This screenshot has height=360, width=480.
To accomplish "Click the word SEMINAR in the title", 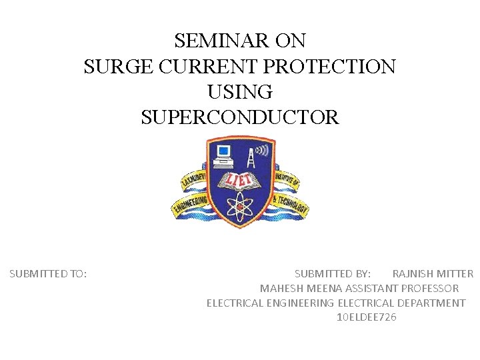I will point(213,41).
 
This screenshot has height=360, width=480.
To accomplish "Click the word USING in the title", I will point(240,92).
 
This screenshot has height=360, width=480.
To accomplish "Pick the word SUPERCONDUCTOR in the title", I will point(240,118).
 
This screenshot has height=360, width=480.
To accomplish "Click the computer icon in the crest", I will point(223,155).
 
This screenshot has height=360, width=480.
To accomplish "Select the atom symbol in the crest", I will point(240,206).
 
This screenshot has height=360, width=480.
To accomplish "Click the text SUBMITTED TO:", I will point(48,273).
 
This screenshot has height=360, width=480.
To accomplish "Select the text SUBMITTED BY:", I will point(333,273).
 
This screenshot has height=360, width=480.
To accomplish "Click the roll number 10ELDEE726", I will point(367,317).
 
